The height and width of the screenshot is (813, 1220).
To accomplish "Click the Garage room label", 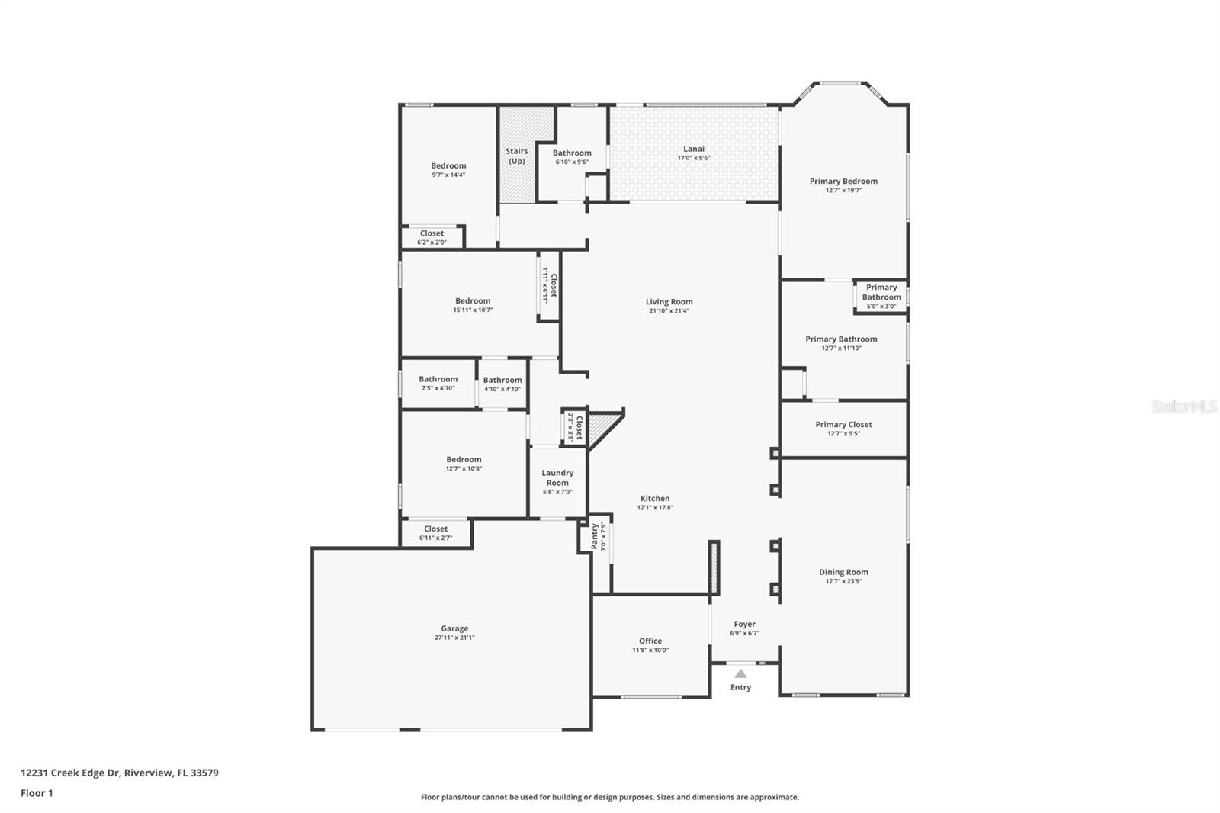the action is pos(454,628).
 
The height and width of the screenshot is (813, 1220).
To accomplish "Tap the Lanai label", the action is pos(694,149).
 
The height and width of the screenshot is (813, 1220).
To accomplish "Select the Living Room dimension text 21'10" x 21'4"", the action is pos(669,311).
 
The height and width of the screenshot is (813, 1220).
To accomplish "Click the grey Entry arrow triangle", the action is pos(740,673).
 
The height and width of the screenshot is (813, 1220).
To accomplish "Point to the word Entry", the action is pos(740,687).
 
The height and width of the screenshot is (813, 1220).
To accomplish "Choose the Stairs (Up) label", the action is pos(516,156).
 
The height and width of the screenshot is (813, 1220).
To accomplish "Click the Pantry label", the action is pos(594,536).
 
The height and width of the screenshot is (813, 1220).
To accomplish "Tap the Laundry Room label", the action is pos(557,477).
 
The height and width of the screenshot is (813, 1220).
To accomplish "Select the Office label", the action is pos(650,641).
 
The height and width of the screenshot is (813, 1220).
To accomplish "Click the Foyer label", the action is pos(744,624).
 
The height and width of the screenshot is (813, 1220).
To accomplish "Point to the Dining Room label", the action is pos(843,572).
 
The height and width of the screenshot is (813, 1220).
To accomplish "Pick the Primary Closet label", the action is pos(843,425).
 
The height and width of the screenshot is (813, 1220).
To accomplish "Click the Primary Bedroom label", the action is pos(843,182).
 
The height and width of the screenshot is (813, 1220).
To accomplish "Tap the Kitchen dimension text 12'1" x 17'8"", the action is pos(655,508).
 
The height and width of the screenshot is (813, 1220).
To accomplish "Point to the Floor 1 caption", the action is pos(37,793).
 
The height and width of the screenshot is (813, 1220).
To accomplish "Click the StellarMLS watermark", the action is pos(1184,406).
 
